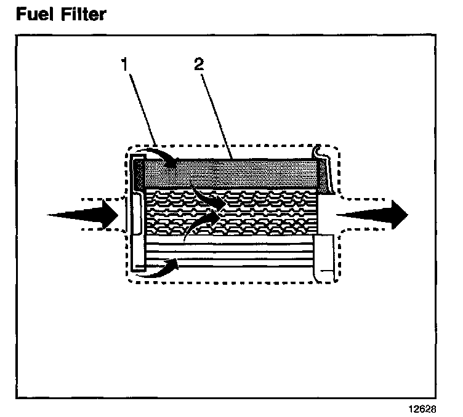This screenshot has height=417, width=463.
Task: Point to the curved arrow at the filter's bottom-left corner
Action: (x=159, y=268)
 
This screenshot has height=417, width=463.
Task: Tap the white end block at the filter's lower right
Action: (x=324, y=255)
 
